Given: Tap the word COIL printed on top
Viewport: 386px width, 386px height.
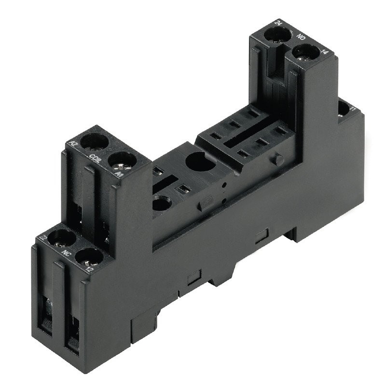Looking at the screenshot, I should point(95,157).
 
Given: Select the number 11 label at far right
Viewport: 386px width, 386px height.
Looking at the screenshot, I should point(353,110).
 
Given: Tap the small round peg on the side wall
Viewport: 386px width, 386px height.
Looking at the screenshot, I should point(277,159).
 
